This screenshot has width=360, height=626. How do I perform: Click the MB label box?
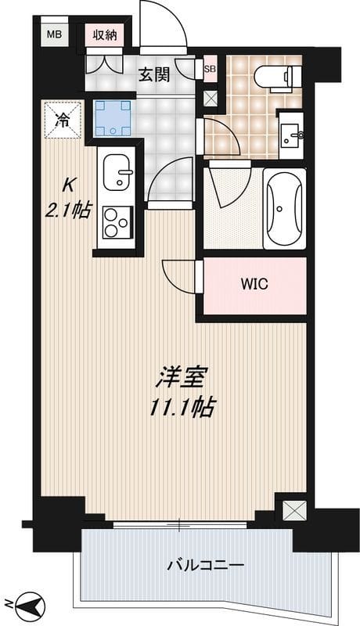54,34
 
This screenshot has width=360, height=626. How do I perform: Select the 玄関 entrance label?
155,75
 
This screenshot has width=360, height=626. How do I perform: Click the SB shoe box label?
209,68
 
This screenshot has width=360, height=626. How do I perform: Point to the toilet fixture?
278,77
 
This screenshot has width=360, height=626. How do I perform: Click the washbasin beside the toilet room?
292,135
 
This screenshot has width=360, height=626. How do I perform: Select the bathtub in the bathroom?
283,207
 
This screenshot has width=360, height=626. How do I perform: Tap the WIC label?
253,284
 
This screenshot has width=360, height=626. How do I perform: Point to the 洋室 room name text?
180,378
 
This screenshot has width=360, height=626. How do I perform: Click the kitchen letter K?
68,186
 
